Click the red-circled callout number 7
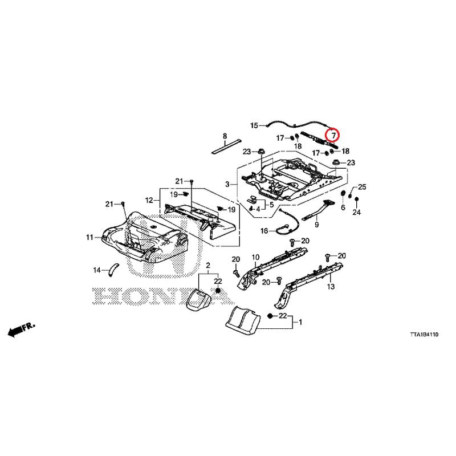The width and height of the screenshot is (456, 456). (x=333, y=136)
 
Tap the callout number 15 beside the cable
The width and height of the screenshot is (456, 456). (x=254, y=125)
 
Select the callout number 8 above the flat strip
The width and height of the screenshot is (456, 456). (x=225, y=136)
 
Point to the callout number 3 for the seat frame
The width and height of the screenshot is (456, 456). (x=227, y=184)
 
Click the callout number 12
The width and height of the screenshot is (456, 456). (x=149, y=200)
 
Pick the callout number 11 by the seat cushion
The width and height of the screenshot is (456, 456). (x=89, y=237)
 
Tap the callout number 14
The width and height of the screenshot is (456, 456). (x=97, y=270)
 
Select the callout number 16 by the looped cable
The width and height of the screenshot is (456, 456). (x=264, y=231)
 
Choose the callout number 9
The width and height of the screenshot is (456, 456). (x=317, y=225)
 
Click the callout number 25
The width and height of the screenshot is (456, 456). (x=362, y=187)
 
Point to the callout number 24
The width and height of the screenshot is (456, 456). (x=357, y=212)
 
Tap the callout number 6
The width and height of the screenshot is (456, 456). (x=343, y=207)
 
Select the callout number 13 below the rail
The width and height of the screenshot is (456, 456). (x=331, y=287)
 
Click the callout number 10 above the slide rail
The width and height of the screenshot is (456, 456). (x=255, y=257)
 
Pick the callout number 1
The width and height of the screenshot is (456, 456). (x=300, y=322)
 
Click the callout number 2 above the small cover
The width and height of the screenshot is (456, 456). (x=208, y=265)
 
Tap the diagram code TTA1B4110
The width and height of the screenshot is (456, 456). (x=424, y=335)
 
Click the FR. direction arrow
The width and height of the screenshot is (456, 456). (x=21, y=329)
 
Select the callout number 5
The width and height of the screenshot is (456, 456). (x=272, y=205)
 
